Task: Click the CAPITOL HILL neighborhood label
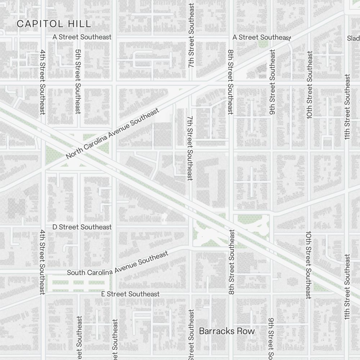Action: coord(54,24)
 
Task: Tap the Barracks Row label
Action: coord(227,331)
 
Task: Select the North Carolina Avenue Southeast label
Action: coord(112,134)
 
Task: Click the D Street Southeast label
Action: coord(82,227)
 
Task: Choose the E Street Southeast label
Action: coord(130,294)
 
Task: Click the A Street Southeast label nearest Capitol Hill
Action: coord(82,37)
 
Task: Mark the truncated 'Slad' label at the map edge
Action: coord(353,38)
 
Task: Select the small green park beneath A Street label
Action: coord(263,44)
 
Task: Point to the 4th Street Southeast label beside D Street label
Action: coord(42,262)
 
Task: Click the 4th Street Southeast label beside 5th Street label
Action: coord(42,82)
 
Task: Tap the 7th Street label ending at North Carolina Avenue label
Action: coord(190,148)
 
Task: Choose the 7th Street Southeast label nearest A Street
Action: coord(191,36)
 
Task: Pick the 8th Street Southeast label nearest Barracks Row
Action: coord(231,262)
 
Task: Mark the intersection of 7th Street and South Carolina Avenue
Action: coord(190,248)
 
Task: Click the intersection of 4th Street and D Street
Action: coord(43,227)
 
